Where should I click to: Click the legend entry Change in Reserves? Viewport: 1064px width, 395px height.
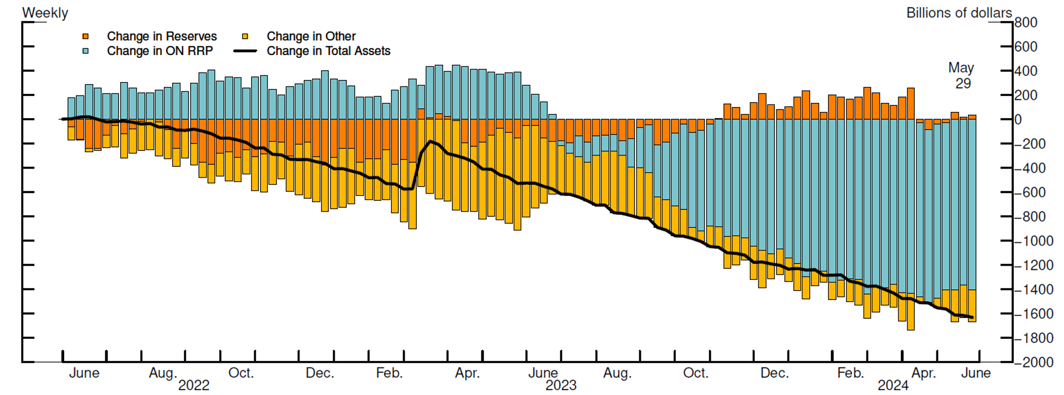(162, 36)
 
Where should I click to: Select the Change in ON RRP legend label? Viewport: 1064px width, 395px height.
(159, 51)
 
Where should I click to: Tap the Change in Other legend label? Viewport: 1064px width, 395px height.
(311, 36)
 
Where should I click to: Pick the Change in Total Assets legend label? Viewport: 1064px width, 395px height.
(328, 51)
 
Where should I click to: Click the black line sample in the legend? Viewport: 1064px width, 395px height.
(245, 51)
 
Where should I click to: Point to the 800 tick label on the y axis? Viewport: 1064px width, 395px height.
(1026, 22)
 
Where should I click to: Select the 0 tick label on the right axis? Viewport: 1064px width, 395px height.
(1018, 120)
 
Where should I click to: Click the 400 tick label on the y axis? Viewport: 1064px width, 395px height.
(1026, 71)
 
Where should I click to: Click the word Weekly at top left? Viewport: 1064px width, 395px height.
(45, 13)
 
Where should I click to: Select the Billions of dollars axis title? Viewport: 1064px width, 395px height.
(959, 13)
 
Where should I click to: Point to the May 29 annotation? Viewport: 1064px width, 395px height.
(961, 76)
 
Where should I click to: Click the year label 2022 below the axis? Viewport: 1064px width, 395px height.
(194, 385)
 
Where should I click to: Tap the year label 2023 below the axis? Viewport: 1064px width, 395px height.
(561, 385)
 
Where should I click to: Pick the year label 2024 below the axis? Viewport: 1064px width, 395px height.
(893, 385)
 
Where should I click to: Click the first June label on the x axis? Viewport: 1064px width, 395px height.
(84, 373)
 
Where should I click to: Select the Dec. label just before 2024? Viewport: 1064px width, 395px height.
(774, 373)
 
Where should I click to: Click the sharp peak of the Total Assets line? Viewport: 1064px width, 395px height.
(430, 141)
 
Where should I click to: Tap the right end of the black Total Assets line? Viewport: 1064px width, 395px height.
(972, 318)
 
